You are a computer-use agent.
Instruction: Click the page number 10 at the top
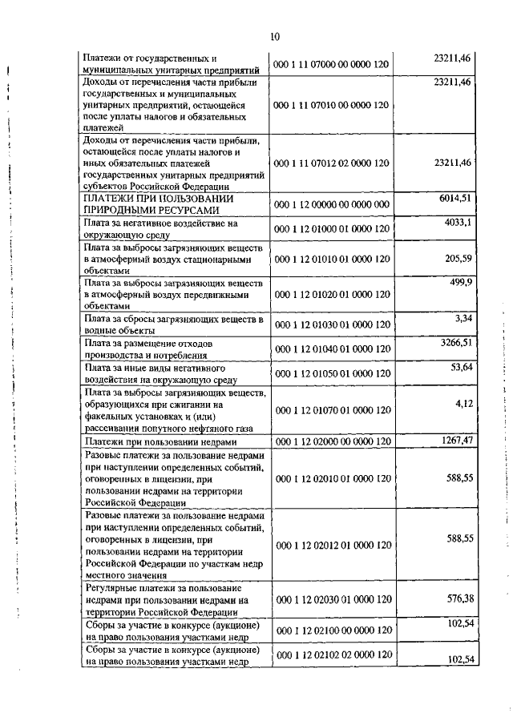coord(275,37)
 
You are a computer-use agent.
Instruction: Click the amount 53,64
coord(461,366)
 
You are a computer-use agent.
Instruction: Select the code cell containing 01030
coord(331,324)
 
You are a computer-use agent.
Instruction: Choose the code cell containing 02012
coord(331,545)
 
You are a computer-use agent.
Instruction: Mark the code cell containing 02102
coord(331,655)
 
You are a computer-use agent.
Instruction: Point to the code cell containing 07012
coord(331,163)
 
